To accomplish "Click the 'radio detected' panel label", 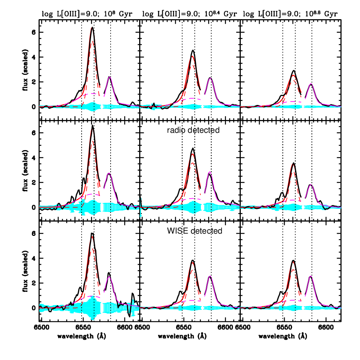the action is [x=193, y=130].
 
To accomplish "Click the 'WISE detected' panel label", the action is [x=195, y=231].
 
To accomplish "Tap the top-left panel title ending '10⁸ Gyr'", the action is [x=87, y=14].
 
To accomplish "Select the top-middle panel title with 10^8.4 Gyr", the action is [x=190, y=14].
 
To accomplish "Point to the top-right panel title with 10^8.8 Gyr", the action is [x=290, y=14].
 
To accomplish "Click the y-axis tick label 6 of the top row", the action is [x=34, y=32].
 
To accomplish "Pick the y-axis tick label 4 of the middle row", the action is [x=34, y=158].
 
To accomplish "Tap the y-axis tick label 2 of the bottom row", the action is [x=34, y=283].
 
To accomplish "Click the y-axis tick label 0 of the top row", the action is [x=34, y=107].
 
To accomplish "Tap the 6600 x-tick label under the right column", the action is [x=326, y=327].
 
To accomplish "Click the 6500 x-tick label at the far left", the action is [x=41, y=327].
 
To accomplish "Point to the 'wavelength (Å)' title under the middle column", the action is [x=182, y=336].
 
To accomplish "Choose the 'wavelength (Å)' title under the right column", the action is [x=283, y=336].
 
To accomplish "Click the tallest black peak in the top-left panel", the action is [x=92, y=27].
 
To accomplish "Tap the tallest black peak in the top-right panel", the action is [x=294, y=71].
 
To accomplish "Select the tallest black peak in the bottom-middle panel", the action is [x=193, y=260].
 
